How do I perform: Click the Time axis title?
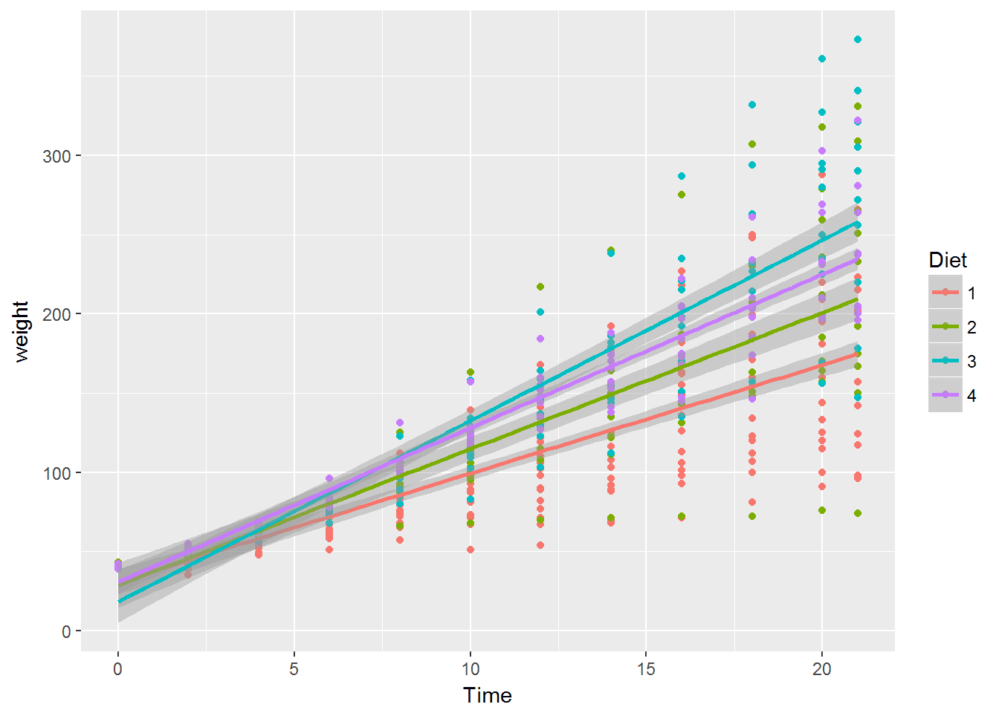(x=487, y=695)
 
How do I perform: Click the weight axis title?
(x=21, y=331)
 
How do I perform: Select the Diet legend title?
(x=948, y=260)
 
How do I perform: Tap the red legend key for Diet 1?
(x=945, y=293)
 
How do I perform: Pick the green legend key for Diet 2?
(x=945, y=327)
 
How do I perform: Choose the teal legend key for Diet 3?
(x=945, y=361)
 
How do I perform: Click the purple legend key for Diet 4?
(x=945, y=395)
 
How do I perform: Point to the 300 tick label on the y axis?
(x=56, y=156)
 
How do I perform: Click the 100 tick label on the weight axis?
(x=56, y=473)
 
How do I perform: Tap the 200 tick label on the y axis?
(x=56, y=314)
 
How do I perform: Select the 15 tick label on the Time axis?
(x=646, y=669)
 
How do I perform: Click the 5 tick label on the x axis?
(x=294, y=669)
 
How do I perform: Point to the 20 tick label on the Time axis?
(x=822, y=669)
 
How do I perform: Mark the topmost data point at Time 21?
(x=857, y=39)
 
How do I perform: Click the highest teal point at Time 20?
(x=822, y=59)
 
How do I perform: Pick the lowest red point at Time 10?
(x=470, y=550)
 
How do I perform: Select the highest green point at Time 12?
(x=540, y=287)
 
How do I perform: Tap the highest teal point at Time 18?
(x=751, y=105)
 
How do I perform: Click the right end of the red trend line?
(x=857, y=354)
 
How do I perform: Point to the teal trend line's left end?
(x=118, y=601)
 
